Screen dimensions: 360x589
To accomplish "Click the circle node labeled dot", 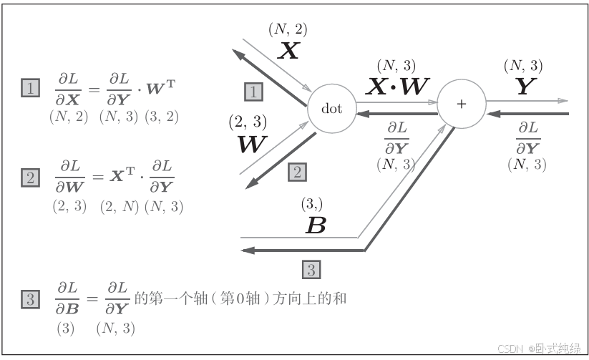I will (332, 109).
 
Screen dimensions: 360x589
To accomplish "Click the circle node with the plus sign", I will (461, 104).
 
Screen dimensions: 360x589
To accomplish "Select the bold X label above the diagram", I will (288, 50).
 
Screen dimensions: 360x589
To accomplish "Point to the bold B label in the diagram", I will (316, 225).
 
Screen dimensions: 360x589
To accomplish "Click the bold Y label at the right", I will (525, 87).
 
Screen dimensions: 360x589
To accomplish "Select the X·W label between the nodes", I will (397, 87).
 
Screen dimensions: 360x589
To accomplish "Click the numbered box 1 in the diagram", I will (253, 92).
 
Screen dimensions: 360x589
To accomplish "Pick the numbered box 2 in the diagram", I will (298, 172).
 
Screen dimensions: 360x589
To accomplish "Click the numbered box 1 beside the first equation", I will (30, 89).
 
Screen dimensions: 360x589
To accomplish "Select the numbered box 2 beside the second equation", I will (30, 178).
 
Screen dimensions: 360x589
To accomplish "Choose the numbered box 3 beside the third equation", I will (30, 299).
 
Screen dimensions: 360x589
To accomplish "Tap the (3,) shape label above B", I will (312, 205).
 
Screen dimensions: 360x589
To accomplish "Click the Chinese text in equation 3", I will (240, 298).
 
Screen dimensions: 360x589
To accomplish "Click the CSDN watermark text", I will (539, 349).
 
